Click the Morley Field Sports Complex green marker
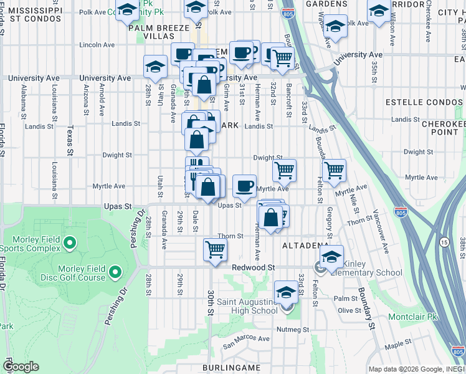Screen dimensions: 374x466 (70, 242)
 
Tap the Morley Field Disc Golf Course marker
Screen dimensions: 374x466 (115, 272)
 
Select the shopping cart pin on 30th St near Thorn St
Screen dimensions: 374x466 (215, 249)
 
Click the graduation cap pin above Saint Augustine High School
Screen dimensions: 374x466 (286, 292)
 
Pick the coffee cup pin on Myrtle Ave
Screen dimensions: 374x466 (244, 185)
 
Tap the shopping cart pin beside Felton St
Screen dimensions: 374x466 (334, 169)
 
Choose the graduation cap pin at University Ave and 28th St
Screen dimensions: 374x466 (155, 66)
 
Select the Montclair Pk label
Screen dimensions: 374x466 (412, 317)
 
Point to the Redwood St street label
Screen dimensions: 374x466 (254, 267)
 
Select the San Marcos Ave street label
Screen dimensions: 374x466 (247, 340)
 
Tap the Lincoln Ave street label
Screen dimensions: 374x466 (97, 46)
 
